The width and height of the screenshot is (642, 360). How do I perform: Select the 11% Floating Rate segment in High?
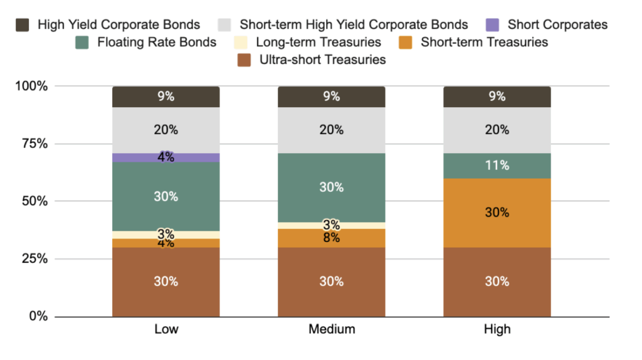tap(497, 166)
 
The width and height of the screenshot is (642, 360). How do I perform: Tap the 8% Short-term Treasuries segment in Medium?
tap(331, 238)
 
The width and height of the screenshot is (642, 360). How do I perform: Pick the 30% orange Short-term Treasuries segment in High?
tap(497, 213)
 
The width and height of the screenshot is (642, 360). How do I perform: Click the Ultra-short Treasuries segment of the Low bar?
tap(166, 282)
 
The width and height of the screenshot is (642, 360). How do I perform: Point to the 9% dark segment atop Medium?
tap(331, 97)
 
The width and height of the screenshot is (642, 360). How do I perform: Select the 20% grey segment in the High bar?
tap(497, 130)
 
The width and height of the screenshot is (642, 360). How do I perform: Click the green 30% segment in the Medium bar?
tap(331, 188)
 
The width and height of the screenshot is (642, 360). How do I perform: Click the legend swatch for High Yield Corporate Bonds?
tap(23, 25)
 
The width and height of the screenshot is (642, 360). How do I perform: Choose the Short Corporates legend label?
tap(557, 25)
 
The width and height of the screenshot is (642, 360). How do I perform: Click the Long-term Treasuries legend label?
tap(318, 43)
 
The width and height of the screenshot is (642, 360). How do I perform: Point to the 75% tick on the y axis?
tap(31, 144)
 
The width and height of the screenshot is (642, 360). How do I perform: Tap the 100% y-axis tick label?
tap(31, 86)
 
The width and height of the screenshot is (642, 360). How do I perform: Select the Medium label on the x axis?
tap(331, 329)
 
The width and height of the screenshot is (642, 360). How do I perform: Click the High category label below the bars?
tap(497, 329)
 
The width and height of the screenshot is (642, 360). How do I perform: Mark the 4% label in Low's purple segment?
tap(166, 157)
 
